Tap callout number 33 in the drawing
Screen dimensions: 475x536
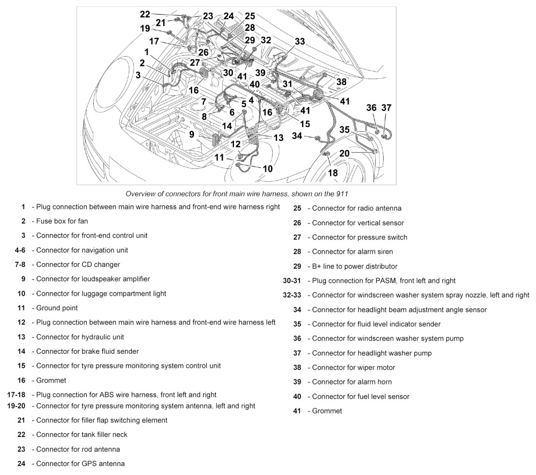tap(300, 41)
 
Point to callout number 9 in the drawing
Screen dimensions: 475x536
tap(192, 134)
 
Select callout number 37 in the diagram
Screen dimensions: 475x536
tap(386, 108)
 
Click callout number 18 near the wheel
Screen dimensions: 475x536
tap(332, 173)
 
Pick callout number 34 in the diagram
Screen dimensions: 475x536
tap(297, 135)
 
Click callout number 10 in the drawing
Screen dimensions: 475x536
tap(268, 169)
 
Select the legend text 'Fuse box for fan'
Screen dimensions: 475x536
tap(62, 221)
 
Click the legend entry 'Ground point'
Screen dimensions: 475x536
tap(57, 308)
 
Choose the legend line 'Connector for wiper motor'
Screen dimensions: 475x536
tap(353, 367)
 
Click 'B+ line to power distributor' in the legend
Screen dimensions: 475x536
tap(355, 266)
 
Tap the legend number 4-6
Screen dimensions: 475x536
tap(20, 250)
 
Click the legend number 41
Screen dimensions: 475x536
tap(297, 411)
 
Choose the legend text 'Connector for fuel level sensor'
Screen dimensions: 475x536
tap(360, 396)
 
